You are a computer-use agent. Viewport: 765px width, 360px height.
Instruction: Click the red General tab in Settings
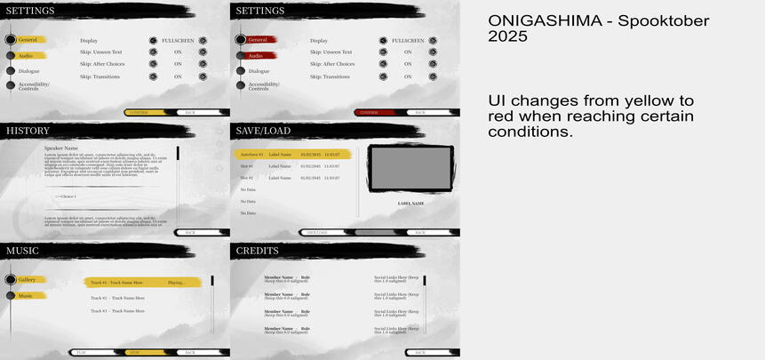[259, 40]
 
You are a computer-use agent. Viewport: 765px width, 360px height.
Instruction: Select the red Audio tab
[257, 55]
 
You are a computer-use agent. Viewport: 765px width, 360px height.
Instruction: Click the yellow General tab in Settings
[28, 40]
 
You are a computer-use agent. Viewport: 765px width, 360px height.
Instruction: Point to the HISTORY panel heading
[28, 131]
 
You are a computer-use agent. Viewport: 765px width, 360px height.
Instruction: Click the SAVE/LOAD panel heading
[263, 131]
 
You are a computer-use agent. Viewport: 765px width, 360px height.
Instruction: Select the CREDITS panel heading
[258, 252]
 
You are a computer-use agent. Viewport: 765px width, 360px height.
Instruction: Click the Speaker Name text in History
[61, 148]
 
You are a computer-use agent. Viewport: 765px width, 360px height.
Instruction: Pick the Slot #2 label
[247, 178]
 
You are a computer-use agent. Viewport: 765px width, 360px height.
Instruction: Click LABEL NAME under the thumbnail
[410, 204]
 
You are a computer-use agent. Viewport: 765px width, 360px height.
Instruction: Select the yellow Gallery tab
[28, 280]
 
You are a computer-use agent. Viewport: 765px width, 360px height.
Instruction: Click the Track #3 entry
[117, 311]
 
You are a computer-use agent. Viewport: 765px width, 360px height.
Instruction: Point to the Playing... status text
[176, 283]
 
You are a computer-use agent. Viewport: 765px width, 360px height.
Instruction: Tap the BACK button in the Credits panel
[419, 353]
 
